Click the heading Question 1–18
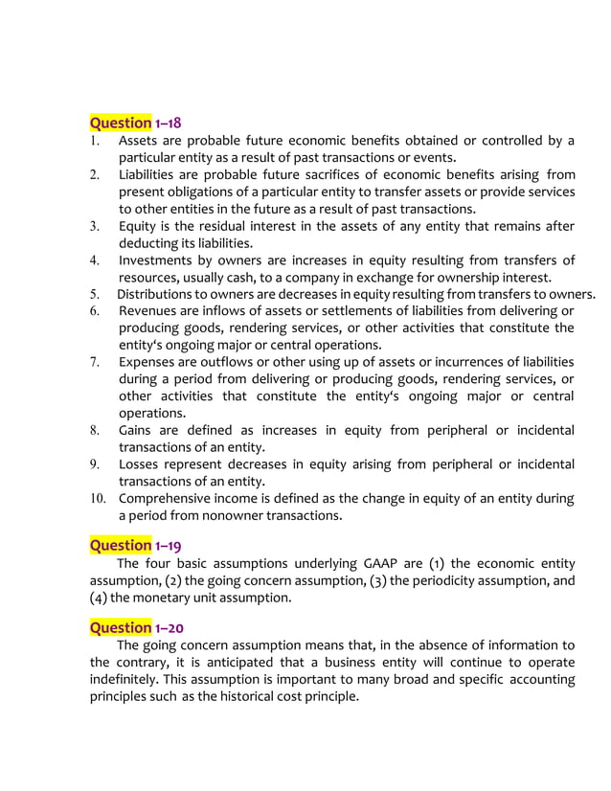pos(135,123)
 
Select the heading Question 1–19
pos(135,545)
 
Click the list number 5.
pos(95,294)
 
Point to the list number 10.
pos(99,499)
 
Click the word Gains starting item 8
pos(138,430)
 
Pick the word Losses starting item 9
pos(142,464)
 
